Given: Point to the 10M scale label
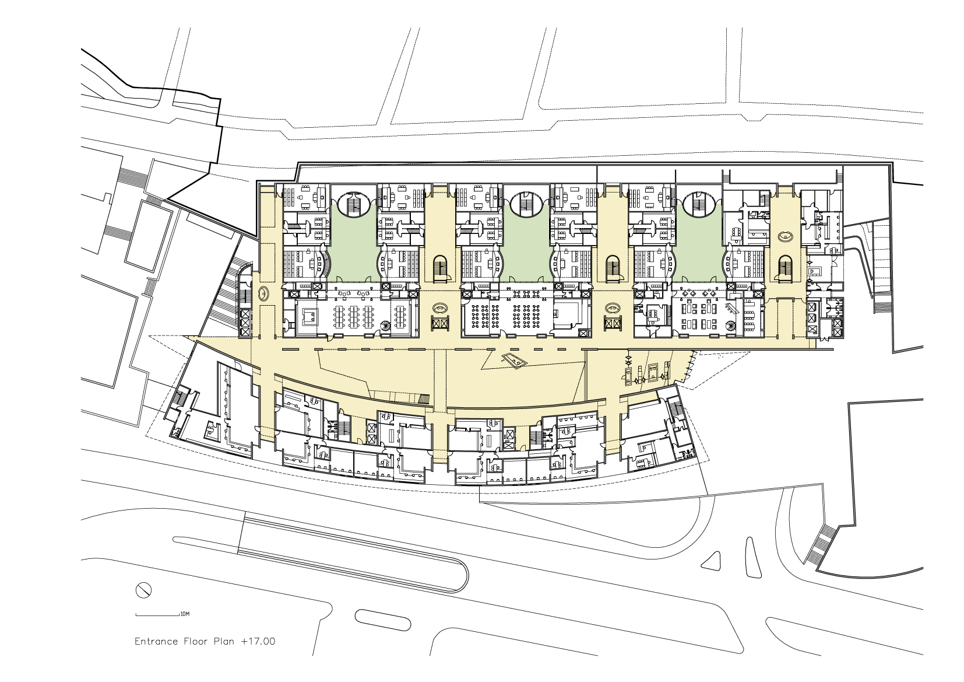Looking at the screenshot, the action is pos(185,614).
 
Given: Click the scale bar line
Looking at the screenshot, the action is pos(157,615).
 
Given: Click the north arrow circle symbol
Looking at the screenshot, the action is pos(143,590).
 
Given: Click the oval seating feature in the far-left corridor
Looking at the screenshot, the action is pos(263,294).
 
